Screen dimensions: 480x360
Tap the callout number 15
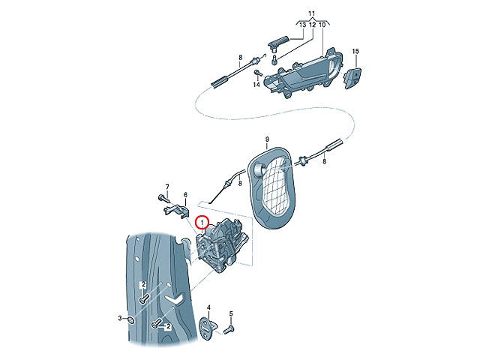click(x=355, y=52)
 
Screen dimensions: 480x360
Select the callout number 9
click(x=267, y=139)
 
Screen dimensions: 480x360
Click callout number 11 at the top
click(x=312, y=13)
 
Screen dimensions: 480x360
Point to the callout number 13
click(x=302, y=25)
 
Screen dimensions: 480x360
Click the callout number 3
click(x=120, y=318)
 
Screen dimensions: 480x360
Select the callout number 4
click(x=208, y=307)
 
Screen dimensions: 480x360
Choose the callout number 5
click(x=231, y=313)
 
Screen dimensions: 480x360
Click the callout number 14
click(x=256, y=84)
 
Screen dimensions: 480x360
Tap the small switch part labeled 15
click(x=352, y=78)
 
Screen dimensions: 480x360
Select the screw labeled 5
click(x=229, y=330)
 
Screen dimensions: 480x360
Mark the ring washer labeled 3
click(x=131, y=320)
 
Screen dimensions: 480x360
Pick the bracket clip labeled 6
click(x=177, y=211)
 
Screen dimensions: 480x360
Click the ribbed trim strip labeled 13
click(x=278, y=42)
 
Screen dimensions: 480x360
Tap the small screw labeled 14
click(x=258, y=73)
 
